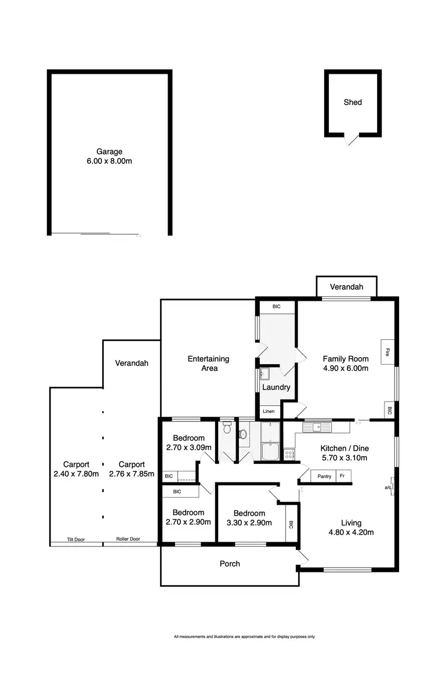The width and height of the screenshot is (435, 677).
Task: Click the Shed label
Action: pos(353,102)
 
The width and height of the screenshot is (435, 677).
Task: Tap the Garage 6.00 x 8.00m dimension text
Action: pos(110,161)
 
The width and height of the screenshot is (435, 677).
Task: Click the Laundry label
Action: pos(276,387)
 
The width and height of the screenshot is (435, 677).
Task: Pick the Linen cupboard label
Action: pos(269,412)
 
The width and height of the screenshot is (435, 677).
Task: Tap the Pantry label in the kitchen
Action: pos(324,477)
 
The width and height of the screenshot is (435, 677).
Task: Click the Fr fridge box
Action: pos(343,477)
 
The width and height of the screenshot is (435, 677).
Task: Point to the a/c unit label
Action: pos(388,488)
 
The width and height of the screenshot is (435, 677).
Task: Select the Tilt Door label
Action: pos(76,539)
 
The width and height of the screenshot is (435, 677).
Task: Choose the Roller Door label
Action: pos(128,539)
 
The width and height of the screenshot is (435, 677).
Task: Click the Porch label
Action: pos(230,563)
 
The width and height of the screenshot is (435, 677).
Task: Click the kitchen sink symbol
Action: pos(317,428)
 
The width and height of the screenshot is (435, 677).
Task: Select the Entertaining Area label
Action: pos(209,363)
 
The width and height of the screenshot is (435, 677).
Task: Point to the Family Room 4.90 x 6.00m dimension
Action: pos(346,368)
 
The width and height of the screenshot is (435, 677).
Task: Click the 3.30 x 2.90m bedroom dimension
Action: pos(249,523)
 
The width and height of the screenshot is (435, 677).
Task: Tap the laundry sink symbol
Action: pos(264,373)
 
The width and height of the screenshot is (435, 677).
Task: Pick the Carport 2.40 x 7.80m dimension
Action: pos(77,474)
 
